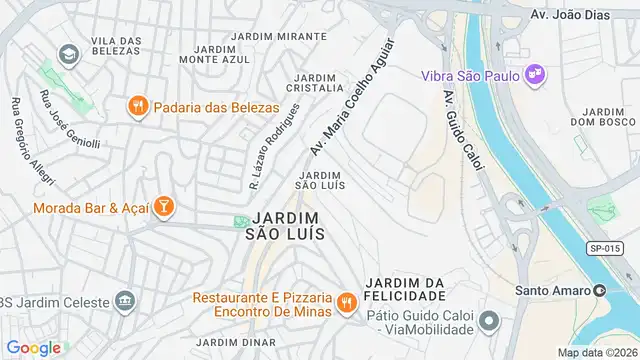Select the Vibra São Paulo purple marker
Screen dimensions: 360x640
click(x=535, y=74)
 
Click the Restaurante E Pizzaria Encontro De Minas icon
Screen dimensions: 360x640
click(x=346, y=302)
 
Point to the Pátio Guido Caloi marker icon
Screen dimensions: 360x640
click(x=488, y=320)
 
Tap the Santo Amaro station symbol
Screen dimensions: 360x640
click(x=600, y=290)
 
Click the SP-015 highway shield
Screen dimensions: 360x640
click(x=603, y=248)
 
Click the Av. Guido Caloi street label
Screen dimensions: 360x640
click(x=463, y=130)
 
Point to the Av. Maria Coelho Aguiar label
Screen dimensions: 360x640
click(x=352, y=98)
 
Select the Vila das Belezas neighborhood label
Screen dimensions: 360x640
click(x=117, y=46)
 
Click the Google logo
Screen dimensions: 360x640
click(x=34, y=347)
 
